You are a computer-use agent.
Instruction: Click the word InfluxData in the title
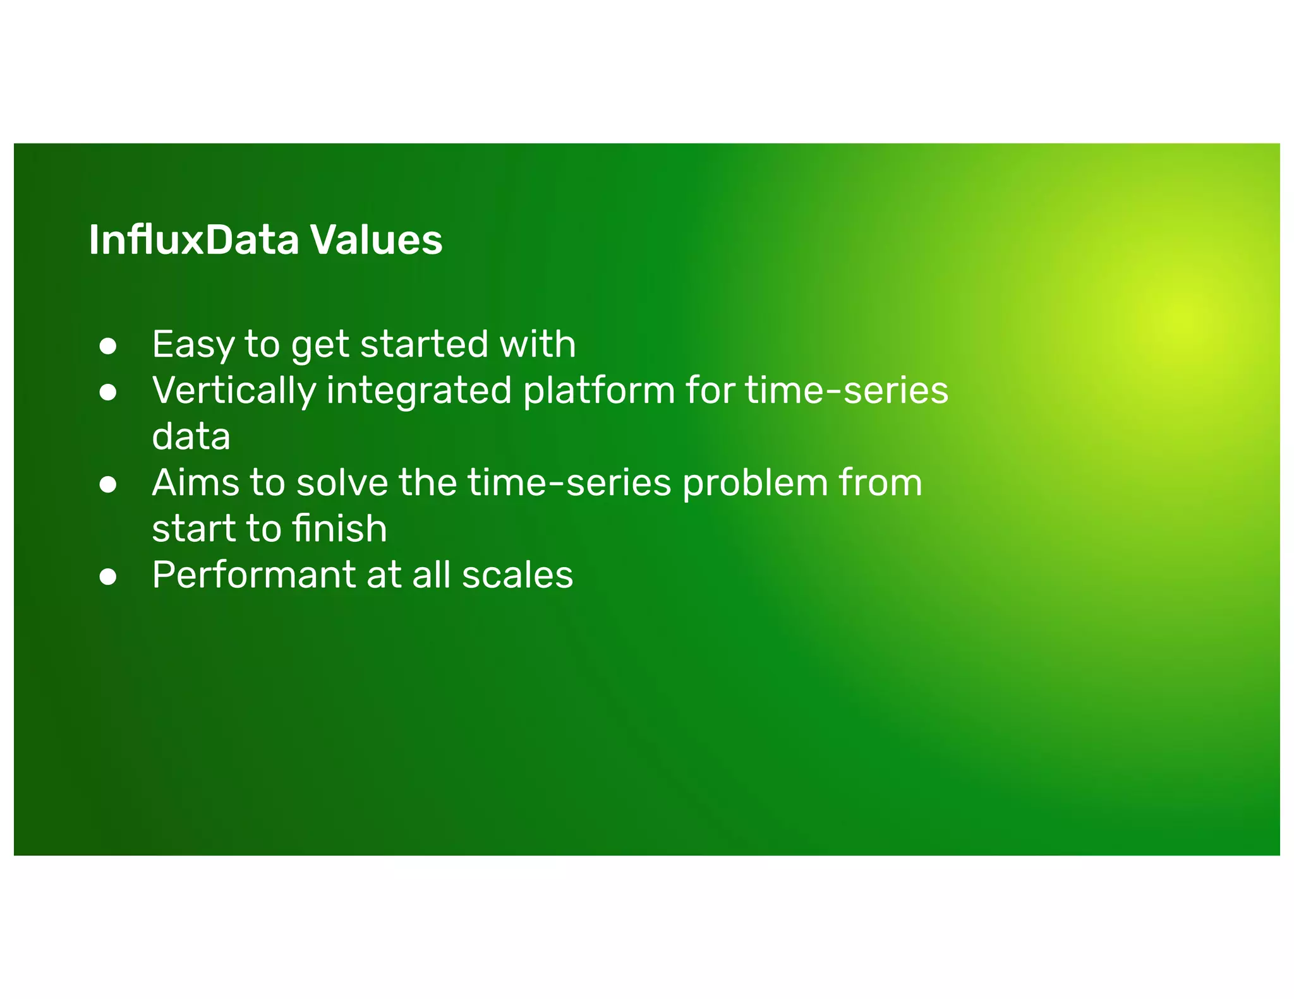click(193, 241)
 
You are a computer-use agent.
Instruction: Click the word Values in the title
click(376, 241)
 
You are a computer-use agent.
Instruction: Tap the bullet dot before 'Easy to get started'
click(108, 346)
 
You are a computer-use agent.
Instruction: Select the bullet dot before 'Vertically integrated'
click(108, 392)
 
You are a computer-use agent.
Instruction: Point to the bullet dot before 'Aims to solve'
click(108, 484)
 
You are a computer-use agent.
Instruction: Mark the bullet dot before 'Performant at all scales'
click(108, 577)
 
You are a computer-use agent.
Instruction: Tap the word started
click(423, 345)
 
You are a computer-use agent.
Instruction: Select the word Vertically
click(234, 391)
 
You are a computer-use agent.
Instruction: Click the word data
click(191, 437)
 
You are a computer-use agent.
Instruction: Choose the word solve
click(342, 483)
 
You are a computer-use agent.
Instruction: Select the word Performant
click(253, 575)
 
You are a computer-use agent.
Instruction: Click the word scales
click(517, 575)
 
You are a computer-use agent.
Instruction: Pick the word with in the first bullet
click(537, 345)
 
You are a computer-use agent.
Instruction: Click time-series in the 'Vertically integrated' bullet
click(847, 391)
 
